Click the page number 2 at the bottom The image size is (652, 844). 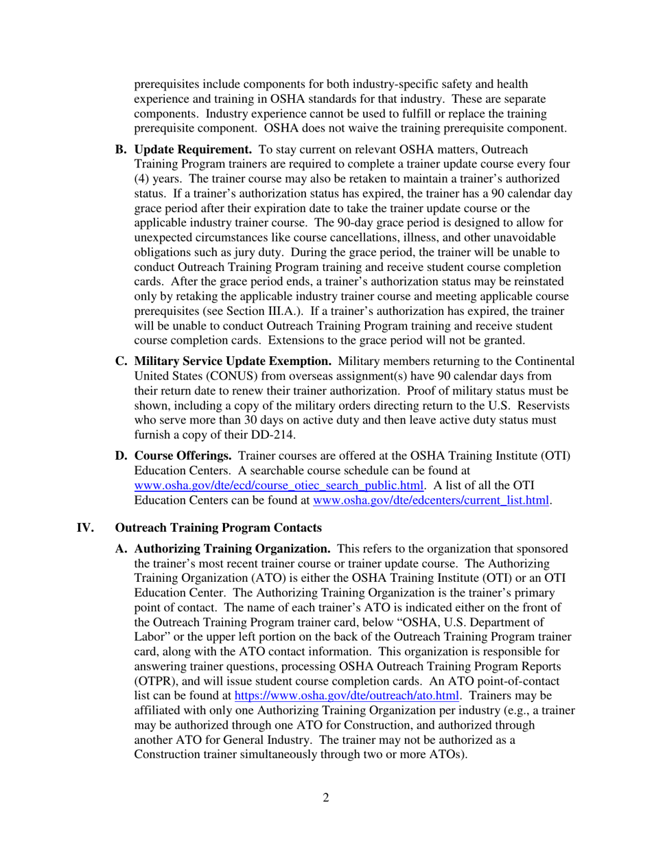[326, 797]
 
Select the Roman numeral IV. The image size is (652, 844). [84, 528]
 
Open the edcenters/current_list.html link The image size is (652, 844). [431, 501]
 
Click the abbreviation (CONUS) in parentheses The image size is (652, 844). [246, 376]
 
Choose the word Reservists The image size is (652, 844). [539, 406]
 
